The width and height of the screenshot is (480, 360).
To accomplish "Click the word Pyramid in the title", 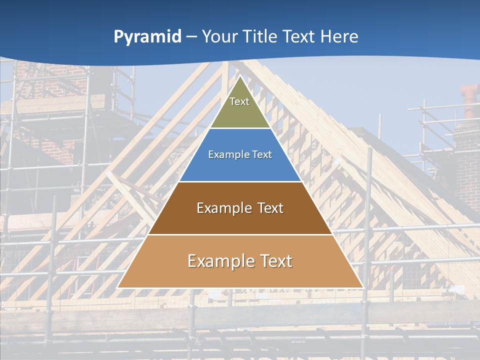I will coord(147,37).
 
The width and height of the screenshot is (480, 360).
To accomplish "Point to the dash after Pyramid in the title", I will coord(191,37).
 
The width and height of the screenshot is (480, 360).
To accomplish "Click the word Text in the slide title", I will coord(299,36).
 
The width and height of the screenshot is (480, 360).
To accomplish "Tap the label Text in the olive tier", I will coord(239,101).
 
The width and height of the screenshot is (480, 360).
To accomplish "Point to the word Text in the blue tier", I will coord(262,154).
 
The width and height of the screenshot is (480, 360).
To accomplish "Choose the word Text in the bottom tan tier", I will coord(276,261).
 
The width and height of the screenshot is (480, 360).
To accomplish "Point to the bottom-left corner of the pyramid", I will coord(117,287).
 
